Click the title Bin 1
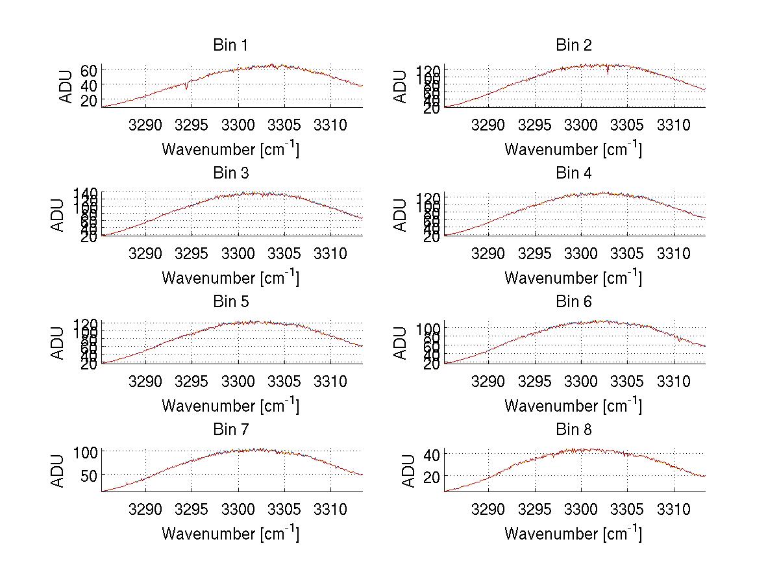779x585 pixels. (x=230, y=45)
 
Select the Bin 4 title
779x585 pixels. (x=574, y=173)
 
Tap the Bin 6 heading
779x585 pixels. (x=574, y=302)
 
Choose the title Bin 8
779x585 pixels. (x=574, y=430)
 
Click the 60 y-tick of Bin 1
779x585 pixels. (x=89, y=69)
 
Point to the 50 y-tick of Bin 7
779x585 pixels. (x=89, y=475)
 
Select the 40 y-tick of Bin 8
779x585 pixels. (x=432, y=454)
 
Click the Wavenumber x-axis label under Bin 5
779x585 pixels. (x=230, y=406)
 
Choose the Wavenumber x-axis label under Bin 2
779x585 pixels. (x=573, y=149)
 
